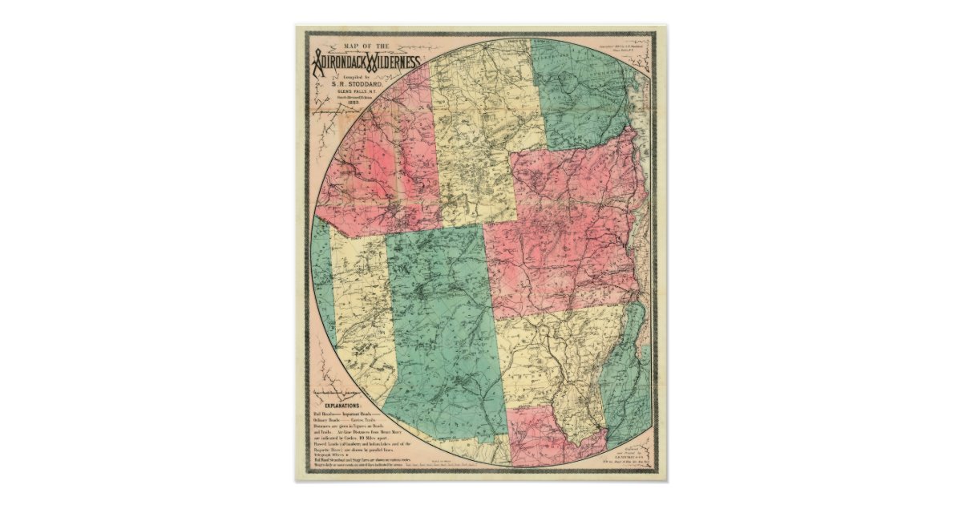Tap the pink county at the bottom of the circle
pos(553,437)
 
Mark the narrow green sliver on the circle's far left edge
pos(322,273)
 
